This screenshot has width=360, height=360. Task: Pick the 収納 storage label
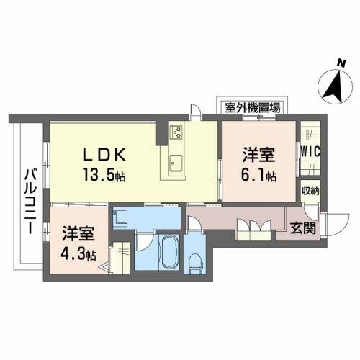[310, 191]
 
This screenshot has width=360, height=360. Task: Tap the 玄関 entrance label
[302, 230]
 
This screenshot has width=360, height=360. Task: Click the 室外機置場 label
[253, 108]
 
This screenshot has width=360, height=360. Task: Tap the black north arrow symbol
[332, 89]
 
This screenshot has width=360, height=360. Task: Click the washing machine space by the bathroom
[122, 216]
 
